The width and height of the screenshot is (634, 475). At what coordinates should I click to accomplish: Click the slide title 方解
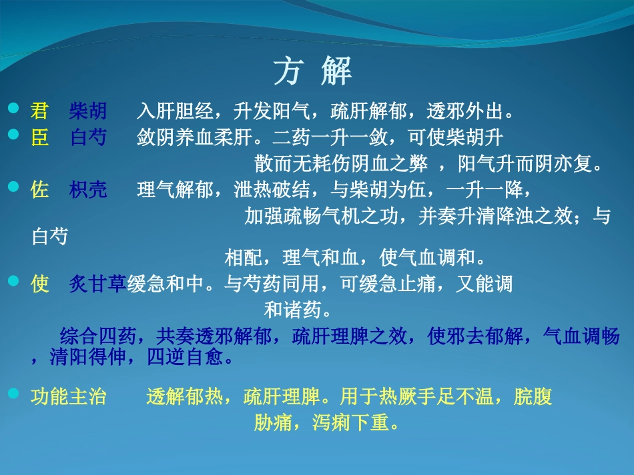312,71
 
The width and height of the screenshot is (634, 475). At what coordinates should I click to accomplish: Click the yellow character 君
39,110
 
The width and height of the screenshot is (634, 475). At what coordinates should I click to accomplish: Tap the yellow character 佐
39,190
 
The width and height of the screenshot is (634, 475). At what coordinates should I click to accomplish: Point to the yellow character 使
39,284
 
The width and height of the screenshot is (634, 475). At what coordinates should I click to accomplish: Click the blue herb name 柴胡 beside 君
87,110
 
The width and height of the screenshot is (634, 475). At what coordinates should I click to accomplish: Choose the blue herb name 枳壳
87,190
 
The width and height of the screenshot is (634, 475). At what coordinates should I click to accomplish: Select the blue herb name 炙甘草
98,284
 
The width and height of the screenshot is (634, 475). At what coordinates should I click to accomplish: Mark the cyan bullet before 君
13,107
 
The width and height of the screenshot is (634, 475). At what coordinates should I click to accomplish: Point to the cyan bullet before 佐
13,187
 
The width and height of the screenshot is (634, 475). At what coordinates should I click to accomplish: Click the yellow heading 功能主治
69,398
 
